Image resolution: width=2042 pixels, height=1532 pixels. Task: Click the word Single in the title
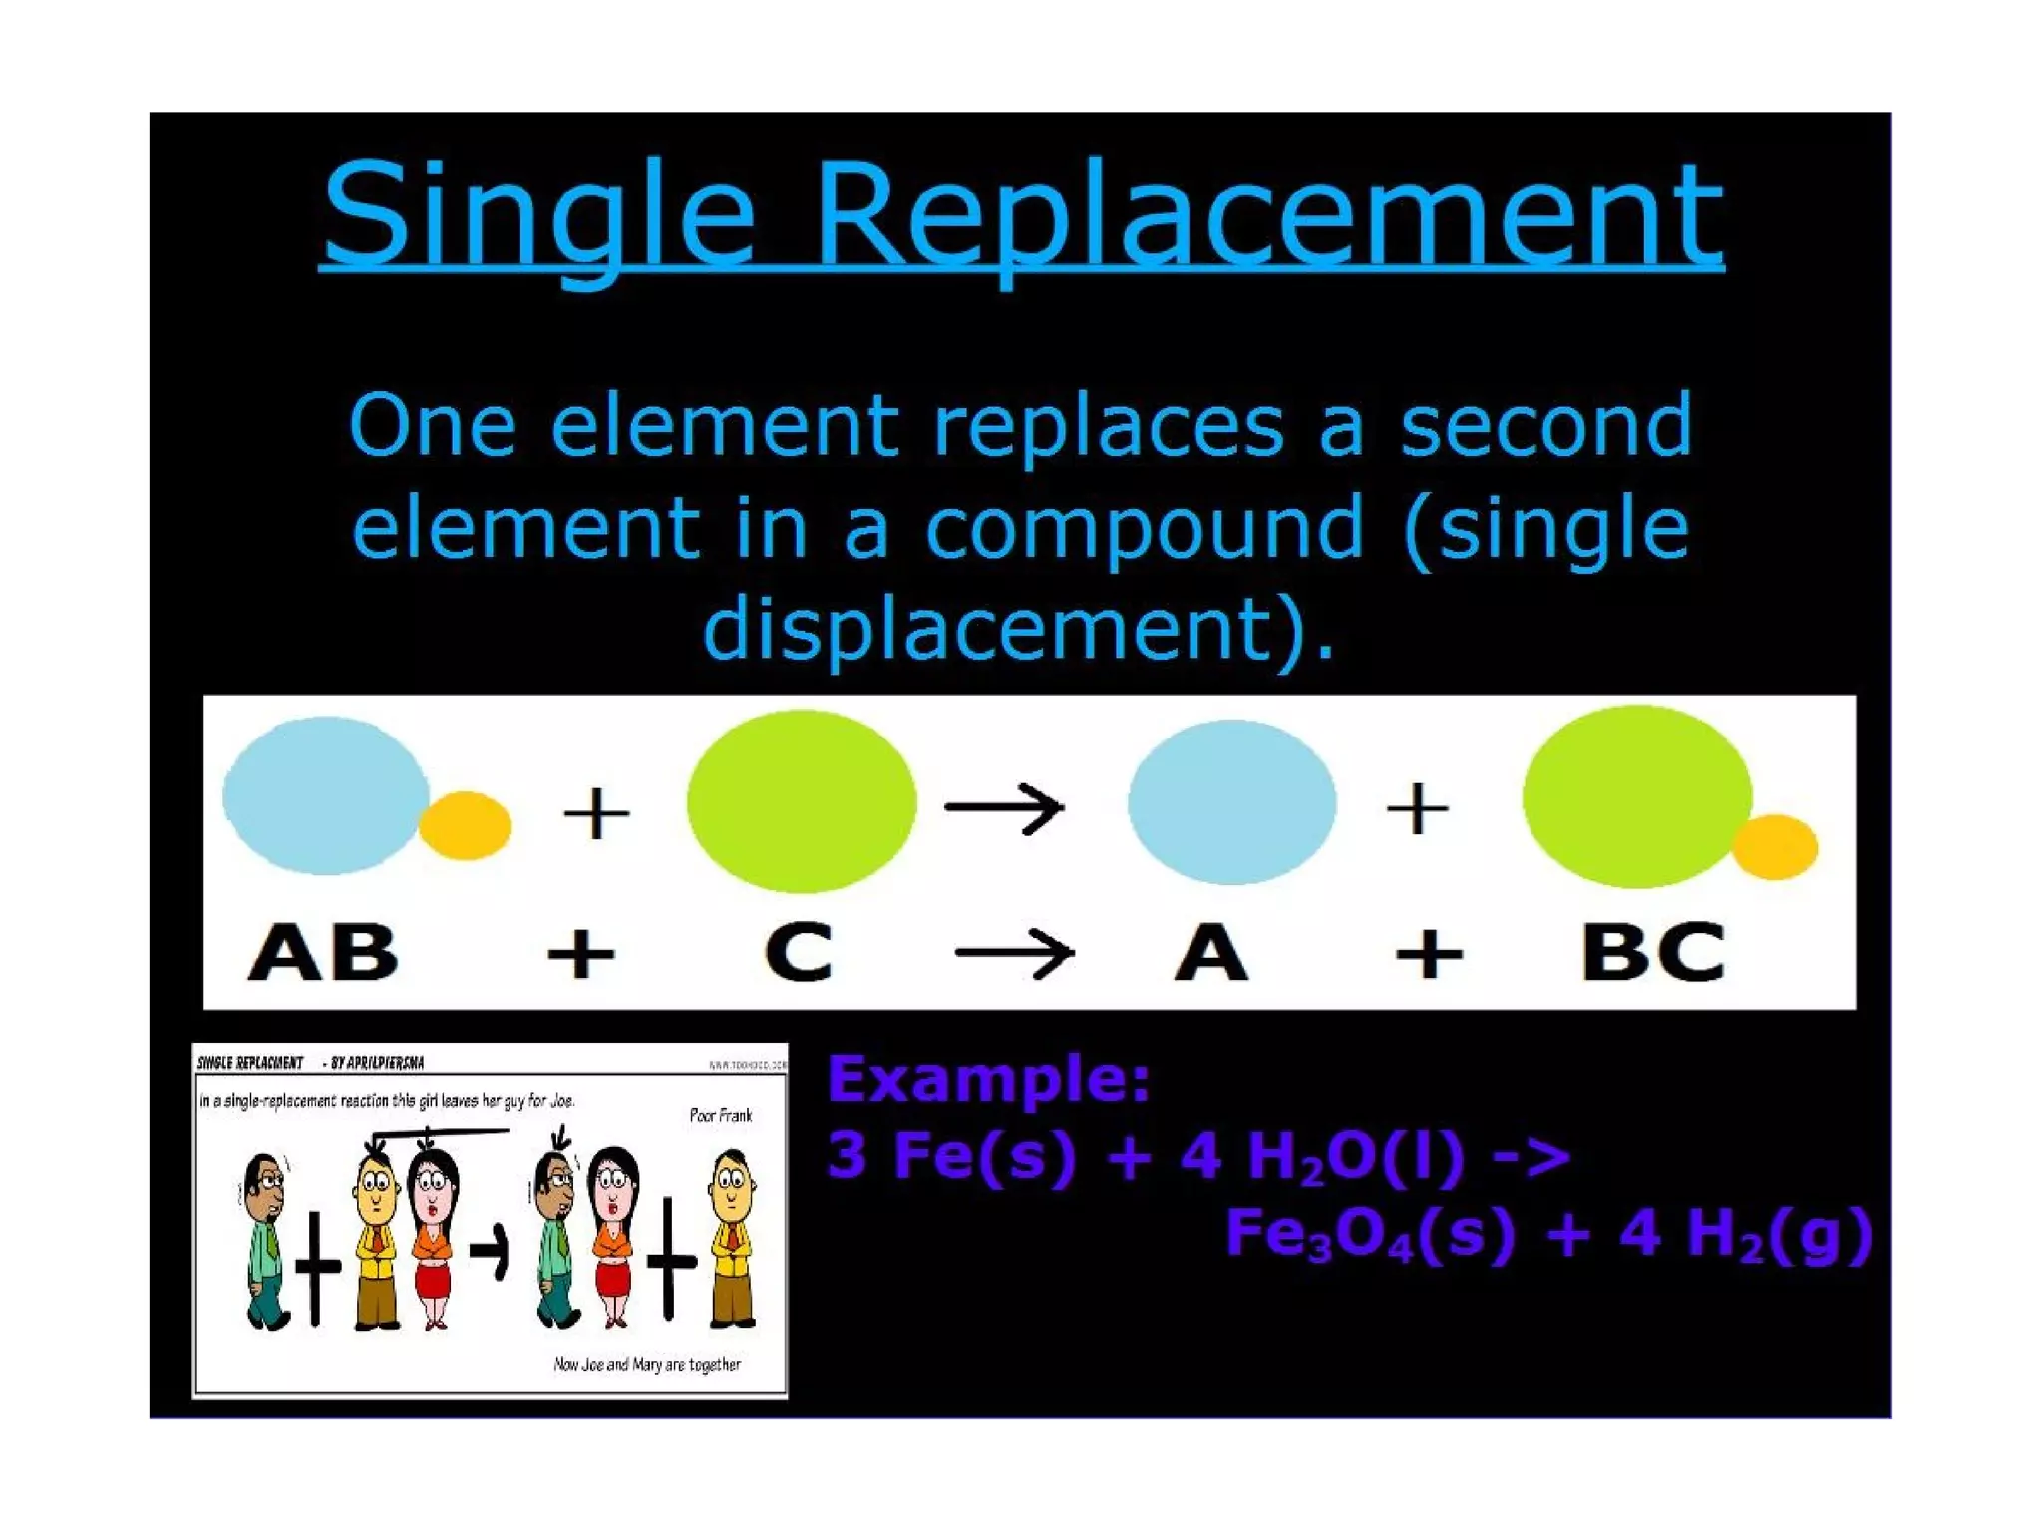pos(538,214)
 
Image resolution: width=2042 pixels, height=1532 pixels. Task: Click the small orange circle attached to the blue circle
pos(465,825)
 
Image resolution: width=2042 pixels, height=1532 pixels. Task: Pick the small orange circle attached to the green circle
pos(1775,847)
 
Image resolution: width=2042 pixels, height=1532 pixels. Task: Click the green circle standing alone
pos(801,801)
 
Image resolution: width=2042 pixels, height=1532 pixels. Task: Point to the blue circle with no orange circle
pos(1231,802)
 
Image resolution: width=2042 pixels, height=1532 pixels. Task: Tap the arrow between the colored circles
pos(1005,807)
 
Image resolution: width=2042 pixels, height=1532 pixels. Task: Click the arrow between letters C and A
pos(1014,954)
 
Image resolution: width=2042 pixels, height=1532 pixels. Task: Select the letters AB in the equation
pos(322,953)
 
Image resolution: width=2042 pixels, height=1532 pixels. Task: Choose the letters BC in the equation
pos(1653,953)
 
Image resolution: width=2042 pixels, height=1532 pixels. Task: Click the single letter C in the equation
pos(798,953)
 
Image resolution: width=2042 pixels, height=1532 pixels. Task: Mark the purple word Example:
pos(988,1079)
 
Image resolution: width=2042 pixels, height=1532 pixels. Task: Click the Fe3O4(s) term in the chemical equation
pos(1369,1234)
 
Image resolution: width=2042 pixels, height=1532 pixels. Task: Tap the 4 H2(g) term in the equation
pos(1745,1234)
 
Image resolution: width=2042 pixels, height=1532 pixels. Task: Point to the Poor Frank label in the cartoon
pos(720,1115)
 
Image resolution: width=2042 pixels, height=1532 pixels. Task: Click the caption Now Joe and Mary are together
pos(647,1364)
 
